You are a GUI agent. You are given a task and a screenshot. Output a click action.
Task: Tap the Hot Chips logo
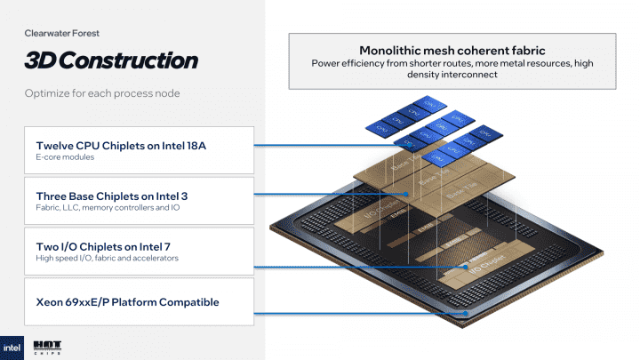[46, 346]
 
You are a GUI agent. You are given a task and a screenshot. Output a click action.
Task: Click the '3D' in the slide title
[42, 60]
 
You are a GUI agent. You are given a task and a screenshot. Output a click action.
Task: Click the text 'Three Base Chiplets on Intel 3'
[113, 196]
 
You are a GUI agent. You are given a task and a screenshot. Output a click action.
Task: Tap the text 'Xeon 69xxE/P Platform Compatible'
[127, 302]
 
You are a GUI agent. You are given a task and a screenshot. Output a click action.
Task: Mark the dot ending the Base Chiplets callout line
[408, 193]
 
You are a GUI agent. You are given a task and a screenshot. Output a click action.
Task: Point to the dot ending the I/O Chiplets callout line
[466, 265]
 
